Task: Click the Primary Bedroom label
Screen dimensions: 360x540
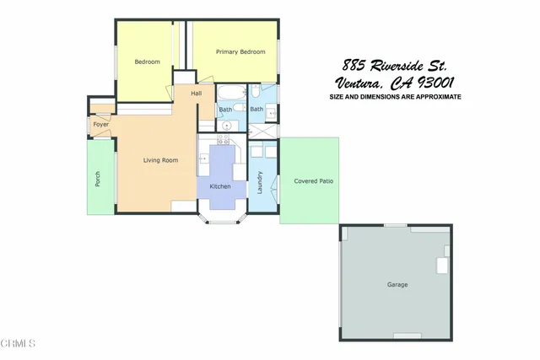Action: pyautogui.click(x=240, y=52)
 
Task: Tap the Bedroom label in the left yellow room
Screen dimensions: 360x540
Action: pyautogui.click(x=148, y=62)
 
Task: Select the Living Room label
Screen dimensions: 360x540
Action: pyautogui.click(x=159, y=159)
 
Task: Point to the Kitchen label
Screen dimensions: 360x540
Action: pyautogui.click(x=220, y=186)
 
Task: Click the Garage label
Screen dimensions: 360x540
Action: pyautogui.click(x=397, y=285)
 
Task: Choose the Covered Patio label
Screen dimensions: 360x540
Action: pyautogui.click(x=310, y=181)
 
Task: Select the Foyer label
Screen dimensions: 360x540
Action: pyautogui.click(x=101, y=125)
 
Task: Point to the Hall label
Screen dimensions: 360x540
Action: pyautogui.click(x=197, y=93)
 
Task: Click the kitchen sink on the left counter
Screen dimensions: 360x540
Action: pyautogui.click(x=202, y=158)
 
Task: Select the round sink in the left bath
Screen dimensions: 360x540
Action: pyautogui.click(x=226, y=126)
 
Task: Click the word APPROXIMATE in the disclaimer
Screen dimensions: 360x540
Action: pyautogui.click(x=435, y=97)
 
